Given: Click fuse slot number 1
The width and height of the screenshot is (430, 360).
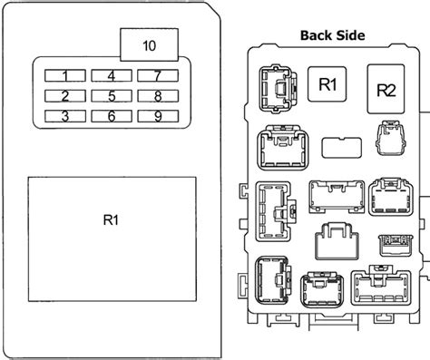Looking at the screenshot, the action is [65, 75].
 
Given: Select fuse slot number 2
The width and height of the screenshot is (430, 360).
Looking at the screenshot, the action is [65, 96].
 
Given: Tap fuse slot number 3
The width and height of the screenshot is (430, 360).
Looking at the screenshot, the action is [65, 116].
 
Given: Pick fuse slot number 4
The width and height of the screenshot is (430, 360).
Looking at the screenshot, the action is [112, 75].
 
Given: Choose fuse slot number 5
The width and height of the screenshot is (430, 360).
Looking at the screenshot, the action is [112, 96].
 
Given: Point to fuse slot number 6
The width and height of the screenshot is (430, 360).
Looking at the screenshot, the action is [112, 116].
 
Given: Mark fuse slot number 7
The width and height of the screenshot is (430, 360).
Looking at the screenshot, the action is [158, 75].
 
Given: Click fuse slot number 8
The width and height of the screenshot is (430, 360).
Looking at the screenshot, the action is [158, 96].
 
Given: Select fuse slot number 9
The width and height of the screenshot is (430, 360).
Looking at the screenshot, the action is [158, 116].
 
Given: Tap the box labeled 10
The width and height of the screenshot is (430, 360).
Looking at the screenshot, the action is [149, 44].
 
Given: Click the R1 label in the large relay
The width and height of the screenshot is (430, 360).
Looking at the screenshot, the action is [111, 219].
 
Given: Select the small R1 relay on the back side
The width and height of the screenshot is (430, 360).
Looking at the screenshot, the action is [327, 84].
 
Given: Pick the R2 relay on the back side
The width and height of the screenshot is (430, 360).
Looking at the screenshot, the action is [386, 89].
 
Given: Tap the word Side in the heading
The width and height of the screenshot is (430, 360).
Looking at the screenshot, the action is [350, 35].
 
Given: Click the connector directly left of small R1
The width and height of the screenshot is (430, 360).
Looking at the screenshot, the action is [279, 89].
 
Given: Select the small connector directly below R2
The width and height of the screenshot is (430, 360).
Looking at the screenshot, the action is [390, 138].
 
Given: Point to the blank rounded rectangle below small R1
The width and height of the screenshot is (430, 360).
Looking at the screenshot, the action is [342, 148].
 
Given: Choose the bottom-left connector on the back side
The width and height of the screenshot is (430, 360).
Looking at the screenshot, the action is [273, 280].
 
